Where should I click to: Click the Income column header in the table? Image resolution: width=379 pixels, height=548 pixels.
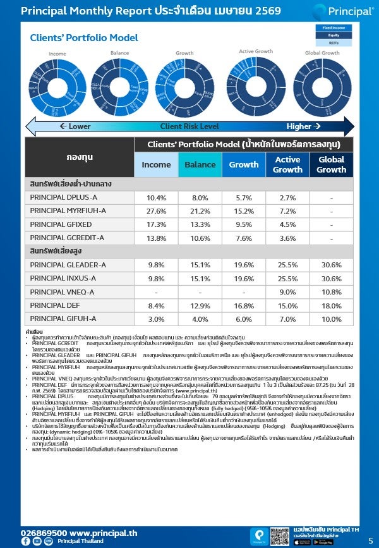coord(157,164)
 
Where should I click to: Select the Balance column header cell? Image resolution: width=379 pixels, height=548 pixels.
coord(200,164)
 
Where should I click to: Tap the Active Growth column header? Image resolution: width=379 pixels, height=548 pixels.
coord(287,164)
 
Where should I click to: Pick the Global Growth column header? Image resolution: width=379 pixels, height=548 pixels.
coord(331,164)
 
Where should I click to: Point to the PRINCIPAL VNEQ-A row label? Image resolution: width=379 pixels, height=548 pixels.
coord(63,292)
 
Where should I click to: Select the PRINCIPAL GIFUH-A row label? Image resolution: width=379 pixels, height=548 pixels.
coord(64,319)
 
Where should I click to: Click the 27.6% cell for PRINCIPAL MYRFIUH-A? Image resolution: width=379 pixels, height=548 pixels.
coord(157,211)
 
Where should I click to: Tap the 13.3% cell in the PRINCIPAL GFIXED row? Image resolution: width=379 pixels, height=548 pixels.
coord(200,224)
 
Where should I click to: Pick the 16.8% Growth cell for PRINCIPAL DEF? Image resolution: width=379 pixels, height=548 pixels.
coord(244,305)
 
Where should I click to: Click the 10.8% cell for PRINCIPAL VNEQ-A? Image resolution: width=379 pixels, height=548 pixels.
coord(331,292)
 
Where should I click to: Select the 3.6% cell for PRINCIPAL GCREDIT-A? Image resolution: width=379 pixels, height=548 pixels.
coord(287,238)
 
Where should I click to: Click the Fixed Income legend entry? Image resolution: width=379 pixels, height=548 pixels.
coord(333,28)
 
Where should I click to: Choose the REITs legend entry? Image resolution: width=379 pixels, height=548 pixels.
coord(333,42)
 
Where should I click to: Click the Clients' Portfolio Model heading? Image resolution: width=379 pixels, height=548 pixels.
coord(84,38)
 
